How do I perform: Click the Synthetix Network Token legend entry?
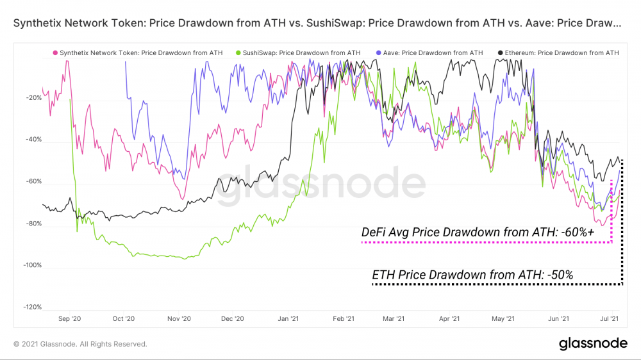pos(138,53)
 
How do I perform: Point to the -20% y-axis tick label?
pos(33,98)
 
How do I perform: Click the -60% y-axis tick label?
pos(33,181)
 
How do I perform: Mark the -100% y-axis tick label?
pos(32,265)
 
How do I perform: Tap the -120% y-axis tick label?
pos(32,307)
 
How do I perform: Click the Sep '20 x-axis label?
pos(69,318)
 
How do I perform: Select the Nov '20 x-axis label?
pos(179,318)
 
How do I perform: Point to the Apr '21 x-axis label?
pos(451,318)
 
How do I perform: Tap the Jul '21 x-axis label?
pos(610,318)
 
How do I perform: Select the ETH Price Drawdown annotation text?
pos(472,275)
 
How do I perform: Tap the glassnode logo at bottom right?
pos(593,344)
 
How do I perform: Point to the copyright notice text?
pos(81,344)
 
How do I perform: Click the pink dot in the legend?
pos(55,53)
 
